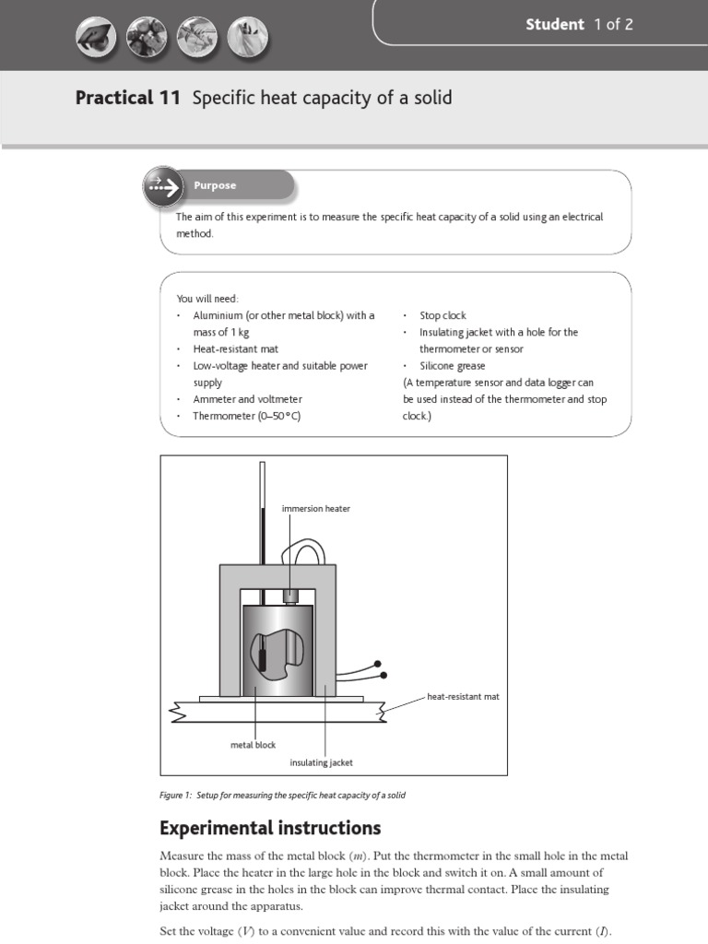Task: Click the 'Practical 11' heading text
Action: click(x=128, y=98)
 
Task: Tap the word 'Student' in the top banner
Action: click(x=555, y=25)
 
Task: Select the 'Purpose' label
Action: click(x=215, y=185)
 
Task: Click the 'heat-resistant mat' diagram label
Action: click(x=463, y=697)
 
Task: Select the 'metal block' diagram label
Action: click(x=253, y=745)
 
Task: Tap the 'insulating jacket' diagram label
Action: click(x=321, y=762)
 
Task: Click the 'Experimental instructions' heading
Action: click(x=270, y=827)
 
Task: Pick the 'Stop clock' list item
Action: click(x=442, y=315)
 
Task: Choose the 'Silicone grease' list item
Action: click(x=452, y=366)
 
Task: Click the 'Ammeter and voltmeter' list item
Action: click(x=247, y=399)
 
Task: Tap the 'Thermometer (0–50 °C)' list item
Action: click(x=246, y=416)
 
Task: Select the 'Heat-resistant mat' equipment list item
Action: click(x=235, y=349)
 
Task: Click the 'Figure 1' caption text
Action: click(x=282, y=795)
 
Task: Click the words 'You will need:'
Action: click(x=207, y=299)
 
